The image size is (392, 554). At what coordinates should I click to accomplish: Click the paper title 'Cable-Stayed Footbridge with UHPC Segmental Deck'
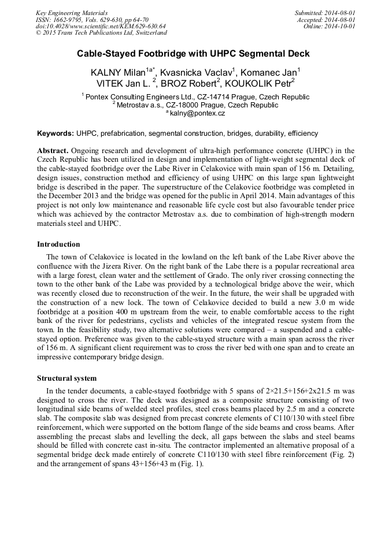194,54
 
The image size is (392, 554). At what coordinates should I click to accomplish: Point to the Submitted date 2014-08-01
339,13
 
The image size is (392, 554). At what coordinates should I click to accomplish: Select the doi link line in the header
101,26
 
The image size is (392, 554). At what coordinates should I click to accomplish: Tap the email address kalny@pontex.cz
197,113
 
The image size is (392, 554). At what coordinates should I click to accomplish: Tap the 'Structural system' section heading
67,378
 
